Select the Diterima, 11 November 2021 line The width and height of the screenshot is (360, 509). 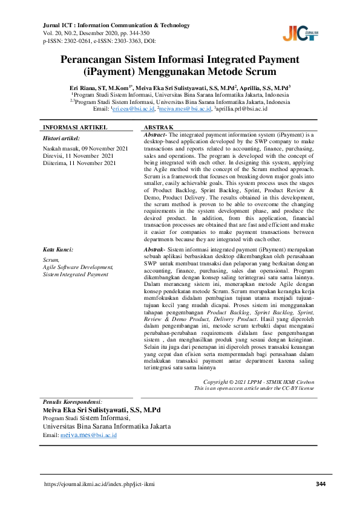coord(79,163)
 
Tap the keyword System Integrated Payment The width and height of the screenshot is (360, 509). coord(76,274)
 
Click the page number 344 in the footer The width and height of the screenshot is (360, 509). coord(321,484)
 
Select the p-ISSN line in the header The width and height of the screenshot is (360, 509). coord(99,41)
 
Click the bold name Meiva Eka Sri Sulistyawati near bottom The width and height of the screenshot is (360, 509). coord(101,410)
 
